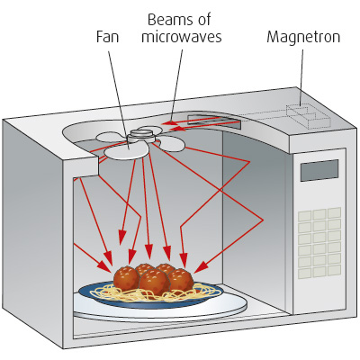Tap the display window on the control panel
point(319,170)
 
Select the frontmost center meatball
point(154,283)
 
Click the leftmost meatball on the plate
point(125,274)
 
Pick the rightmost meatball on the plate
point(182,279)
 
